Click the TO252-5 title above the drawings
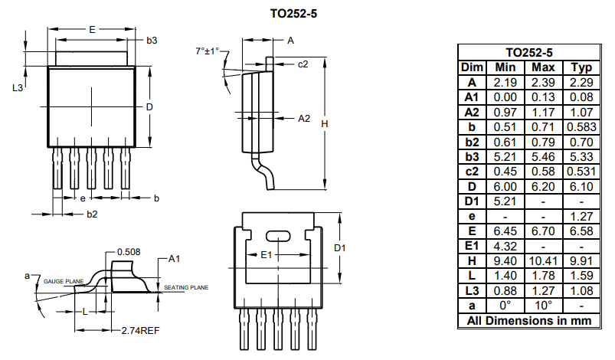(293, 14)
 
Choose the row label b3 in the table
(472, 157)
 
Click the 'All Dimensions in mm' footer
(528, 320)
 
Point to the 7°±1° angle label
(207, 51)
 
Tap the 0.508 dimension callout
(129, 251)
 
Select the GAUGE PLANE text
(64, 281)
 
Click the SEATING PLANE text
(186, 288)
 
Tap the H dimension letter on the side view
(325, 123)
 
